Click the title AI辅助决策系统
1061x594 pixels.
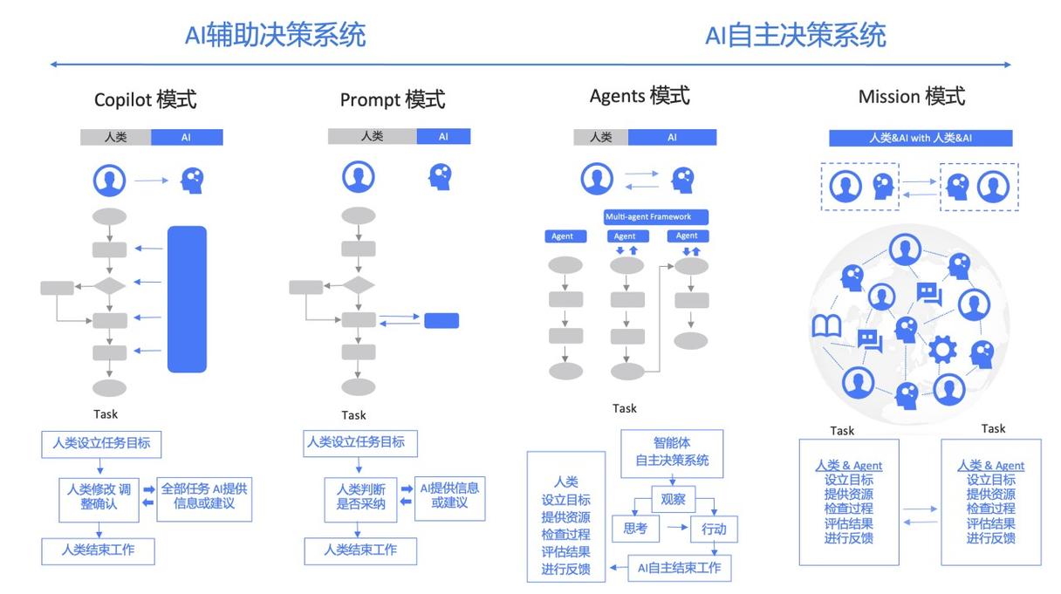pyautogui.click(x=275, y=35)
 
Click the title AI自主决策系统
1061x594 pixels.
pyautogui.click(x=795, y=35)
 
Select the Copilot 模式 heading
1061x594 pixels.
pyautogui.click(x=146, y=99)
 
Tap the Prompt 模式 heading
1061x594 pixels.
pyautogui.click(x=393, y=99)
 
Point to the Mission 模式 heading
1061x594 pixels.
pyautogui.click(x=912, y=96)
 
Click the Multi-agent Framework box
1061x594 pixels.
pyautogui.click(x=656, y=217)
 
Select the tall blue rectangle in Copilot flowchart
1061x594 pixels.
pyautogui.click(x=187, y=299)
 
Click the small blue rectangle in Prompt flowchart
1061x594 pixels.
pyautogui.click(x=442, y=321)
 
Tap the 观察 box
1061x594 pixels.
pyautogui.click(x=673, y=499)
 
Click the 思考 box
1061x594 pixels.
pyautogui.click(x=635, y=529)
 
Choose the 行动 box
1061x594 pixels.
pyautogui.click(x=714, y=529)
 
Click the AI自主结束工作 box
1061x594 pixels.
pyautogui.click(x=679, y=568)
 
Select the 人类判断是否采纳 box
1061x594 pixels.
pyautogui.click(x=360, y=500)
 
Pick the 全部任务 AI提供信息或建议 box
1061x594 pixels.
pyautogui.click(x=204, y=499)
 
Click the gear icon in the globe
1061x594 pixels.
pyautogui.click(x=942, y=350)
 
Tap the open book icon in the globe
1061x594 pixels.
pyautogui.click(x=826, y=326)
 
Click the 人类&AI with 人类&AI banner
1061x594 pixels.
pyautogui.click(x=921, y=138)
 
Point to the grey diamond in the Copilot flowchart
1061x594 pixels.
pyautogui.click(x=109, y=286)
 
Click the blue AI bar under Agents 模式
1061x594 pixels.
pyautogui.click(x=672, y=137)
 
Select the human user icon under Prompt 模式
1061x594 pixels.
pyautogui.click(x=359, y=177)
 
